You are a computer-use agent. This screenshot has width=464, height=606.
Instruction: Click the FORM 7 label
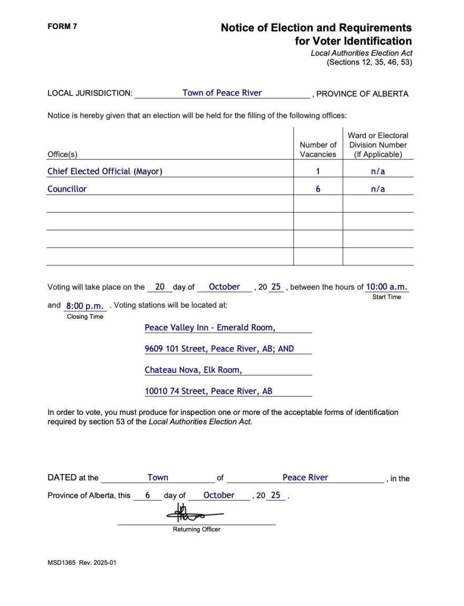coord(62,26)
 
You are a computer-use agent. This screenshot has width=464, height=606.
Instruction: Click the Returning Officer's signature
coord(194,512)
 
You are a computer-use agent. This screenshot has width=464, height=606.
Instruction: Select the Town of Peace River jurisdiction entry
coord(222,93)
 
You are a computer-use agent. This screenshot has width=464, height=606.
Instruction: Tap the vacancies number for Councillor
coord(318,189)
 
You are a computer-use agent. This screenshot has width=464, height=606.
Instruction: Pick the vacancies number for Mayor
coord(318,171)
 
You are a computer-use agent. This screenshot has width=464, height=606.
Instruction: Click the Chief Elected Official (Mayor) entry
coord(105,171)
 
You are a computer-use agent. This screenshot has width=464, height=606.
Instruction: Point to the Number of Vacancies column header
coord(318,149)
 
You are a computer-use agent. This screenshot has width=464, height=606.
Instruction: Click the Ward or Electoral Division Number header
coord(378,145)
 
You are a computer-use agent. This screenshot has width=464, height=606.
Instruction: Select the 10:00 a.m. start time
coord(386,287)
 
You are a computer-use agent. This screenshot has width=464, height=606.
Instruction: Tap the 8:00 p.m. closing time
coord(84,306)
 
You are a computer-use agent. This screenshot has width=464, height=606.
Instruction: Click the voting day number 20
coord(160,287)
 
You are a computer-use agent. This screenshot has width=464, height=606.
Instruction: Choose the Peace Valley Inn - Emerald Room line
coord(210,327)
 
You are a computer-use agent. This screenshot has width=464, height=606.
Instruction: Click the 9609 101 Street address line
coord(219,348)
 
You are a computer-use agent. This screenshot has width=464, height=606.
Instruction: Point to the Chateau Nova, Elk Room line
coord(194,370)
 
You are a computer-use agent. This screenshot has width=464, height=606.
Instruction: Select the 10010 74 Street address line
coord(209,391)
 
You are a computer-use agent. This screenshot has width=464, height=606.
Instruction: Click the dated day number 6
coord(148,495)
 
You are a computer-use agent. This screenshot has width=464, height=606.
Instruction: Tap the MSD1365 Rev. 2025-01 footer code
coord(82,562)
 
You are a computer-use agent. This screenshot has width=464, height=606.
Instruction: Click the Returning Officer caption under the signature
coord(197,529)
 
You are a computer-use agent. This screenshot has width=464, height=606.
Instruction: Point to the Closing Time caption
coord(85,317)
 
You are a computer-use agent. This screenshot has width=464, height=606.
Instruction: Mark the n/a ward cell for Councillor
coord(378,189)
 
